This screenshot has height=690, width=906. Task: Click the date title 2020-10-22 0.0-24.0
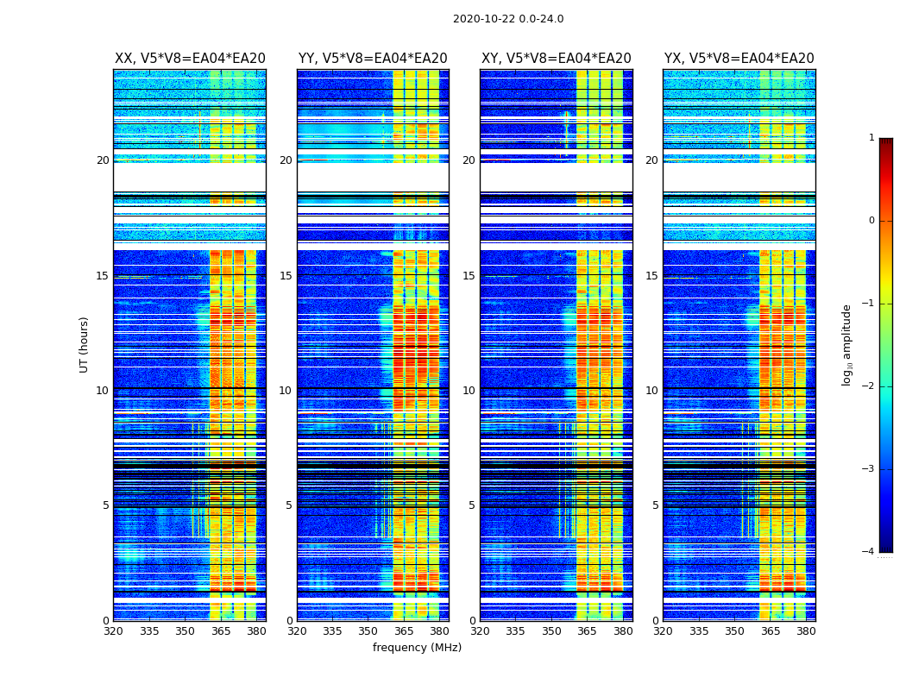click(x=508, y=19)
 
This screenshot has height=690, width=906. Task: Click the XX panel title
click(x=190, y=59)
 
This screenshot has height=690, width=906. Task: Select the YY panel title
click(x=373, y=59)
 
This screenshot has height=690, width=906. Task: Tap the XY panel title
click(x=556, y=59)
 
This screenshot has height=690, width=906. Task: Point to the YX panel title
click(x=739, y=59)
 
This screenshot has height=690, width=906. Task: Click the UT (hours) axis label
click(x=85, y=344)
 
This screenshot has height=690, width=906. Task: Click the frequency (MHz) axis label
click(x=417, y=648)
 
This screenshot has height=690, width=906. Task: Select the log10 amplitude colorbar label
click(x=847, y=344)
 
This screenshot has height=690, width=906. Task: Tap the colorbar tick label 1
click(x=871, y=138)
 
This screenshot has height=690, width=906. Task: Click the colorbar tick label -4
click(x=870, y=552)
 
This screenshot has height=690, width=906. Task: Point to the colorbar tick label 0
click(x=871, y=221)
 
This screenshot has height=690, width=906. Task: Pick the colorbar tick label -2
click(x=870, y=386)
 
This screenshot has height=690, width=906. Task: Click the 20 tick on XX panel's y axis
click(x=103, y=160)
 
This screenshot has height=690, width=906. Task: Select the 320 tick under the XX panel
click(x=113, y=631)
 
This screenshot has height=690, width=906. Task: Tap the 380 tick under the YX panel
click(x=806, y=631)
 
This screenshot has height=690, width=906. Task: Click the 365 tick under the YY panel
click(x=404, y=631)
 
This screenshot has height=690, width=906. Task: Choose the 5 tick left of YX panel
click(x=655, y=505)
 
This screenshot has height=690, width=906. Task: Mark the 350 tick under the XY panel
click(x=551, y=631)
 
